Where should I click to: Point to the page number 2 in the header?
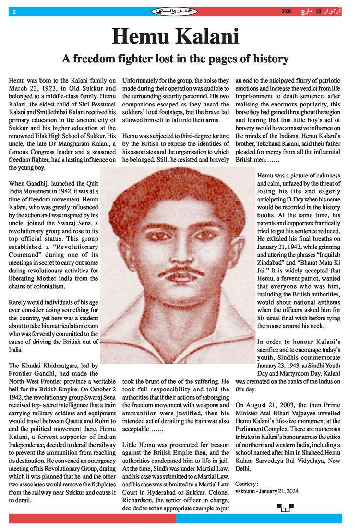[x=14, y=12]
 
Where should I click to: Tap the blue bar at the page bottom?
[x=259, y=518]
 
